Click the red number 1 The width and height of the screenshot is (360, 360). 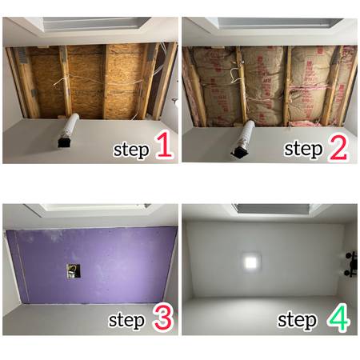pos(164,145)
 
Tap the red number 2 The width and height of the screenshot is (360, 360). pos(338,146)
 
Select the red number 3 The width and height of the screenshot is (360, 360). pos(163,318)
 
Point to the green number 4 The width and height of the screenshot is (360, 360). pos(338,317)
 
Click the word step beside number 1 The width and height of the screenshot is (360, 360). pos(131,150)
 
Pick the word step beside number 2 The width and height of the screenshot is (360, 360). pos(303,150)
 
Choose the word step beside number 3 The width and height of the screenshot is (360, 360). pos(126,321)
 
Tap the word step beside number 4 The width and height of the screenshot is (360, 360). pos(298,320)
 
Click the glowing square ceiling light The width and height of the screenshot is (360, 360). pos(250,262)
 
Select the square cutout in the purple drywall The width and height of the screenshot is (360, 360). pos(74,271)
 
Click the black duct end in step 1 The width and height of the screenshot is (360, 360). pos(64,142)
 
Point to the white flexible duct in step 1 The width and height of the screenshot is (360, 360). pos(70,126)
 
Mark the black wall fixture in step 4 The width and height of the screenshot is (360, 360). pos(352,264)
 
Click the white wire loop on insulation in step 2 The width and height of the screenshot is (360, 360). pos(235,76)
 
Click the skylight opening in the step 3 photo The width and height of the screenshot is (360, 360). pos(90,207)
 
